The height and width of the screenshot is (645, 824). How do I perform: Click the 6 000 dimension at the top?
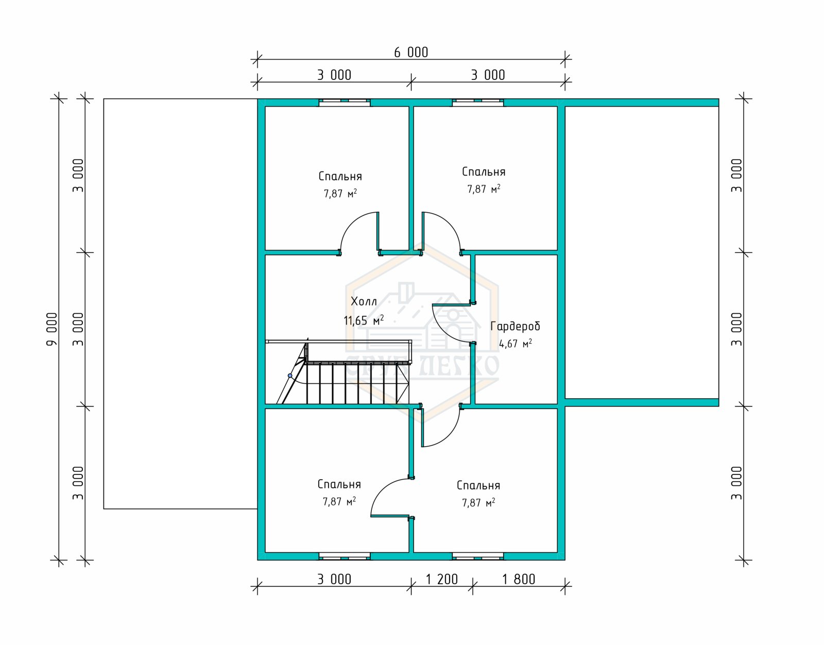click(411, 53)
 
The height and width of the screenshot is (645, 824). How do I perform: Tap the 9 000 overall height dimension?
click(51, 329)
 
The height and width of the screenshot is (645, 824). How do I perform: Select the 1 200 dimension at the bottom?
click(442, 579)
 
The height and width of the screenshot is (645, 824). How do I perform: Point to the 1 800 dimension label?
click(519, 579)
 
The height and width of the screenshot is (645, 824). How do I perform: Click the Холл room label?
click(364, 301)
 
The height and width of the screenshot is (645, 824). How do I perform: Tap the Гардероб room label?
click(516, 326)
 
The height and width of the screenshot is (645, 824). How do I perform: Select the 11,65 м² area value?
click(364, 320)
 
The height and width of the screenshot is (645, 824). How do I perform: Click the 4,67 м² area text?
click(516, 344)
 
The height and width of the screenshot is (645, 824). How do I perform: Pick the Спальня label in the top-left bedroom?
click(340, 176)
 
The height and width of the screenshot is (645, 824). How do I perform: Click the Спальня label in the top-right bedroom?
click(484, 172)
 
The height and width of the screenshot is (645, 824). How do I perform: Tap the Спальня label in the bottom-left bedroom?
click(339, 484)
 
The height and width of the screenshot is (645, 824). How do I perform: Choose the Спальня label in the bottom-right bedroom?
click(478, 485)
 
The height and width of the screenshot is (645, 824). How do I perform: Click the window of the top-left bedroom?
click(345, 103)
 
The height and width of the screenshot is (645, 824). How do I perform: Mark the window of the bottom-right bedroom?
click(478, 556)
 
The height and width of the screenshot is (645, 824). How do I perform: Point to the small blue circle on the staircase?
click(290, 376)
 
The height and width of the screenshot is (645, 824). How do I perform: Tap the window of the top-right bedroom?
click(478, 103)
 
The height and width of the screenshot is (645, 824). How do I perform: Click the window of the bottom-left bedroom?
click(345, 556)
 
